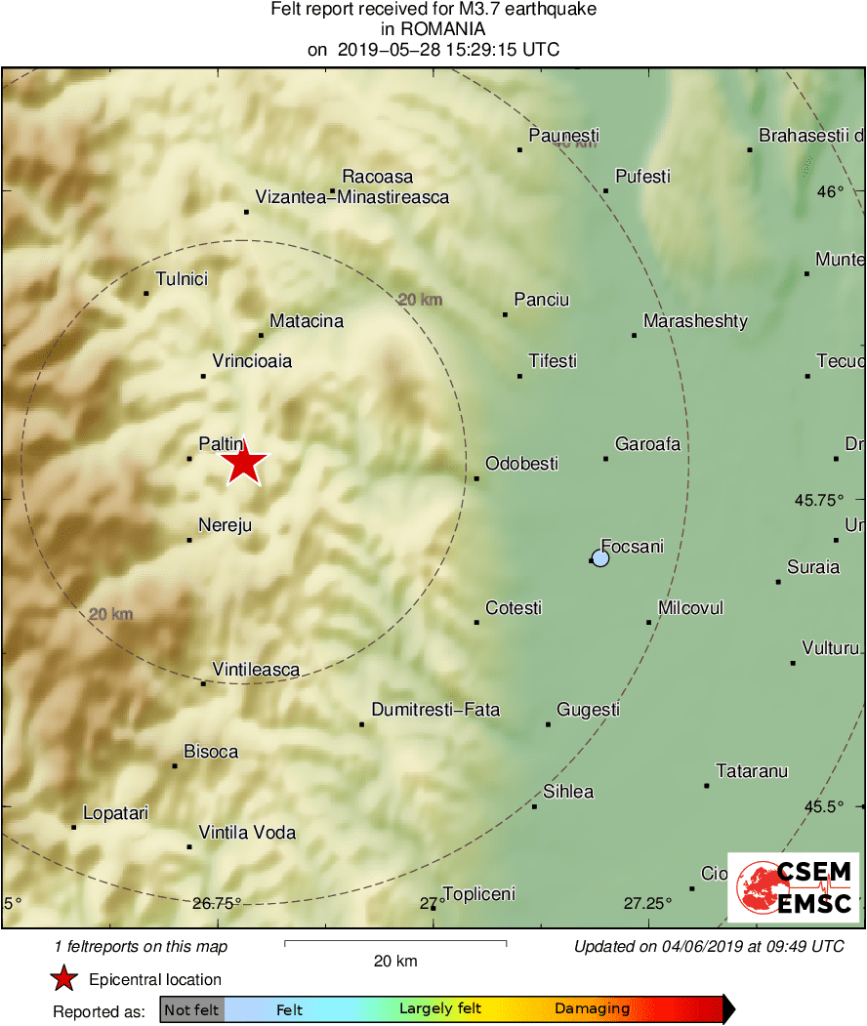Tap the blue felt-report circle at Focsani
tap(600, 558)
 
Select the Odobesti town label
tap(521, 464)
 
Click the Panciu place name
tap(542, 300)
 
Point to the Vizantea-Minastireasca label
tap(351, 197)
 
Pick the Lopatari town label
tap(115, 812)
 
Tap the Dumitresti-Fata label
tap(435, 710)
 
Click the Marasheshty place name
tap(695, 321)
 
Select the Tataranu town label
tap(752, 771)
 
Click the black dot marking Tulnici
tap(146, 293)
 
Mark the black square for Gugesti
tap(549, 724)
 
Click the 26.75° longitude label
tap(217, 903)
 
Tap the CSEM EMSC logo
tap(793, 887)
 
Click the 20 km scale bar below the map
tap(395, 943)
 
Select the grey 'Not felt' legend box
tap(192, 1009)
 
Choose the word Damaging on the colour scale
tap(593, 1009)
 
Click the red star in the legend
tap(64, 979)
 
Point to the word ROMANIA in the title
tap(433, 29)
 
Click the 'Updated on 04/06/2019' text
tap(709, 946)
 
